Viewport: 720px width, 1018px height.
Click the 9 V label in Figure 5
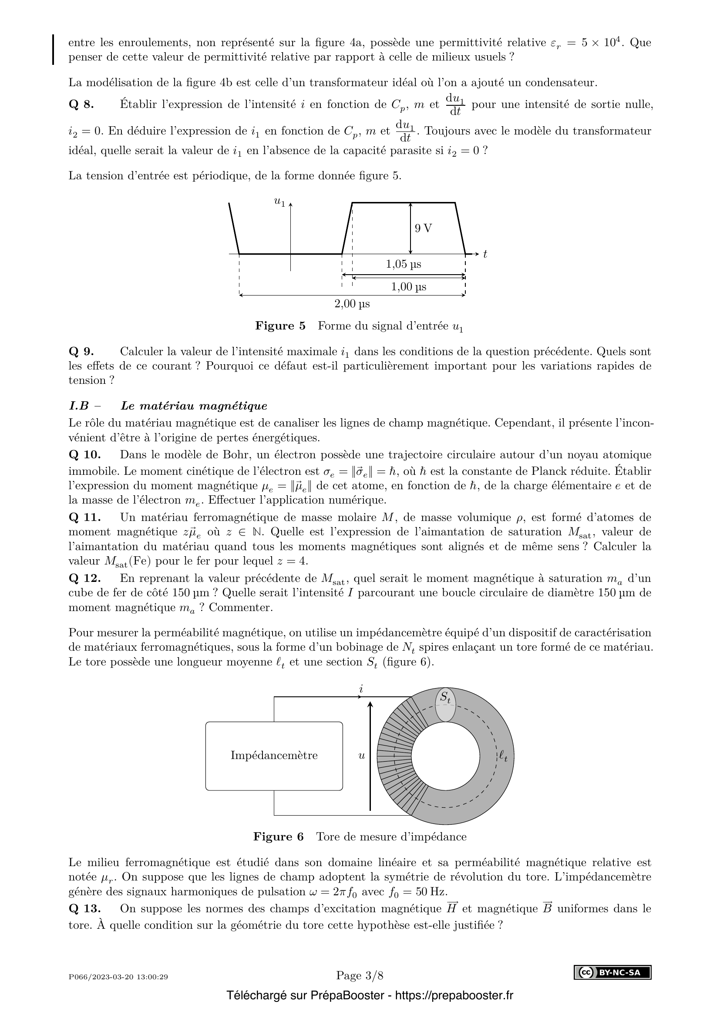[x=423, y=228]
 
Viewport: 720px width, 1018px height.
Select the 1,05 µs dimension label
[x=404, y=265]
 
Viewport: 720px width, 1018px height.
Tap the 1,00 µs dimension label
[x=408, y=287]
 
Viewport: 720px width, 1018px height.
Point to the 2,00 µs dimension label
[x=352, y=304]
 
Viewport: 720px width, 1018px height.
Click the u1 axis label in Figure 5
[x=279, y=202]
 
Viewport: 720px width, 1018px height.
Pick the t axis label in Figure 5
[x=485, y=255]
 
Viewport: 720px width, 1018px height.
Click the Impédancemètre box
[x=274, y=756]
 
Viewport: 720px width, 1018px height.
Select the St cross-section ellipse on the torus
[x=445, y=705]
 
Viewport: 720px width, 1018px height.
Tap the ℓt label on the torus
[x=503, y=756]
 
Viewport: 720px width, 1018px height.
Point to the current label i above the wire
[x=361, y=689]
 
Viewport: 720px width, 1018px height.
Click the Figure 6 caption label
[x=279, y=837]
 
